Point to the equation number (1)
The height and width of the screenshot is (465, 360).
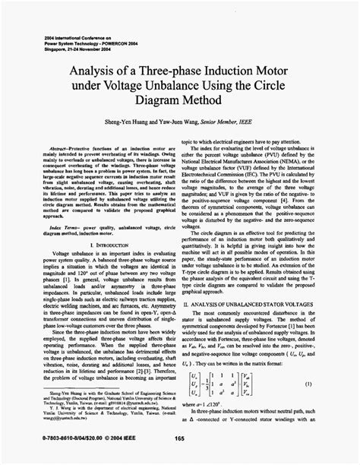pos(332,385)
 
